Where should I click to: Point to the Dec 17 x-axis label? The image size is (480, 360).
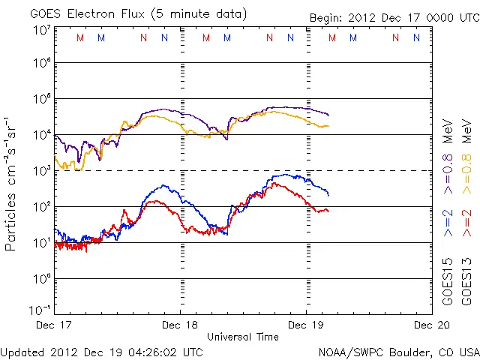[x=55, y=325]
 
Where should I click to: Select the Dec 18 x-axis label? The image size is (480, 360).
[x=181, y=325]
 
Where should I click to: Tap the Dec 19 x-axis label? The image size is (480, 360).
[x=306, y=325]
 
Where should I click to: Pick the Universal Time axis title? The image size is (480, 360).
[x=243, y=337]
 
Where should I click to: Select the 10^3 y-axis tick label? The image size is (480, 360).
[x=42, y=171]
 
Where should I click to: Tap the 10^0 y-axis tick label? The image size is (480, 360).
[x=42, y=279]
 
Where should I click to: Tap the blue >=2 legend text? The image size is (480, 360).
[x=448, y=223]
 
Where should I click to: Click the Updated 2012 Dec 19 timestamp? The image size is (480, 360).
[x=101, y=351]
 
